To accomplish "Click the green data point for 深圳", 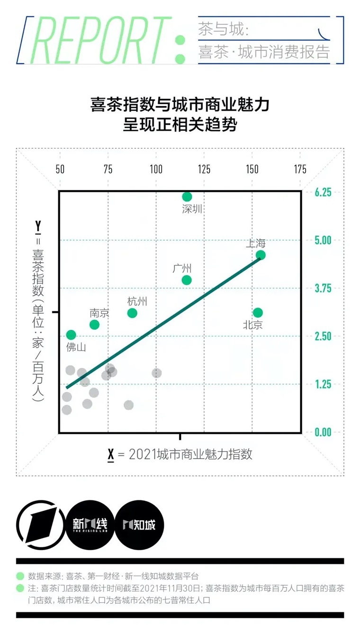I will click(x=187, y=197).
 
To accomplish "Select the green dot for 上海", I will click(x=261, y=255).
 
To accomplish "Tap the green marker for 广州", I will click(x=187, y=280).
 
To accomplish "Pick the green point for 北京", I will click(x=258, y=313).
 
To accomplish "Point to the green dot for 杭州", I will click(x=132, y=313).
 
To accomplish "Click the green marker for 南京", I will click(x=94, y=325).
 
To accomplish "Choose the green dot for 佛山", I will click(x=71, y=335).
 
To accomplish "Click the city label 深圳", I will click(x=192, y=209).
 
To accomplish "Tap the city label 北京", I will click(x=252, y=325).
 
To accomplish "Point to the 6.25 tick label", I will click(x=323, y=192).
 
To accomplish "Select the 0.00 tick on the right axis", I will click(x=323, y=432).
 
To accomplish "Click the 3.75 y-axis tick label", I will click(x=323, y=288).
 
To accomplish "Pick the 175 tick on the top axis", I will click(x=300, y=170).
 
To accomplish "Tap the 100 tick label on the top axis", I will click(x=156, y=170).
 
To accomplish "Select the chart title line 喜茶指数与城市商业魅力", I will click(x=180, y=105).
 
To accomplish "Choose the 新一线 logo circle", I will click(x=90, y=525).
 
